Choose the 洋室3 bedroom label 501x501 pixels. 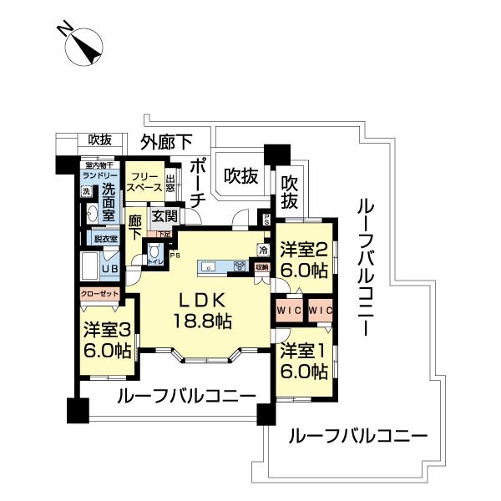tap(107, 340)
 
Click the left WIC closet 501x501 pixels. tap(289, 311)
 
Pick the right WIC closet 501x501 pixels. tap(320, 311)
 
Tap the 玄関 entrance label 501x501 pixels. tap(164, 216)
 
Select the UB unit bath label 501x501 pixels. tap(109, 270)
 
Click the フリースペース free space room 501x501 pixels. tap(143, 183)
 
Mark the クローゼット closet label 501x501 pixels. tap(100, 294)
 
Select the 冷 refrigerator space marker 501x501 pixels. tap(262, 249)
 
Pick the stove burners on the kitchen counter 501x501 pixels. tap(239, 267)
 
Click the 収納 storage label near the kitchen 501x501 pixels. tap(262, 267)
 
